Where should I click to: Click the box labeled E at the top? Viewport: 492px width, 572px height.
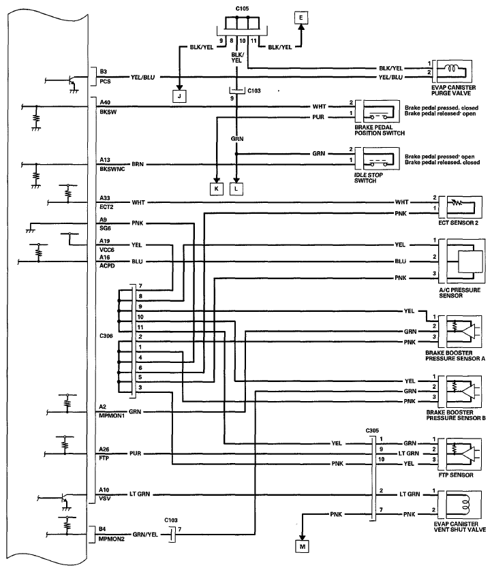(301, 18)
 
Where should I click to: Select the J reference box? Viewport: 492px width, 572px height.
(179, 96)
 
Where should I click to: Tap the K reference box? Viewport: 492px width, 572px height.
(217, 189)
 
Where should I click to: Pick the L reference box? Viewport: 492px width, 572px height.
(236, 189)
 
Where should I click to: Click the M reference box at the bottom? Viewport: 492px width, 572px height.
(302, 546)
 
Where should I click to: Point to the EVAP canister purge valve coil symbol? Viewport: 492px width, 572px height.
(452, 71)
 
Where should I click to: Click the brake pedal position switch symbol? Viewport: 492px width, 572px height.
(378, 112)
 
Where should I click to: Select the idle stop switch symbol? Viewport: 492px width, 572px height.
(378, 159)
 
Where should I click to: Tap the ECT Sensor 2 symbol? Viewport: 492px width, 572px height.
(460, 207)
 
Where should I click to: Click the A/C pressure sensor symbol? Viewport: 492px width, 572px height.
(462, 261)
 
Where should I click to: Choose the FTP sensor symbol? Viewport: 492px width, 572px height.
(460, 454)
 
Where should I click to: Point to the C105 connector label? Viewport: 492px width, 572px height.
(242, 8)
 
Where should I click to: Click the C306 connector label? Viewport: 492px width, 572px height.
(106, 336)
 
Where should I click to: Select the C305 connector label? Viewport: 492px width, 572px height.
(372, 430)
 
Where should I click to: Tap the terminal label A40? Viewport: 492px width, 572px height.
(105, 103)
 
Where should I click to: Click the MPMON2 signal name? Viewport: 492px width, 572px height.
(111, 539)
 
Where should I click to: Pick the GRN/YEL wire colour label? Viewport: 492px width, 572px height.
(145, 535)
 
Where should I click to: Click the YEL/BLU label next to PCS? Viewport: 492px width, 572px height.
(142, 78)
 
